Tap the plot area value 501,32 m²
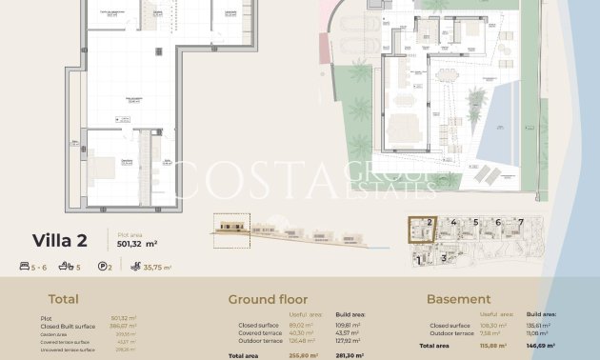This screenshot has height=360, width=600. point(137,243)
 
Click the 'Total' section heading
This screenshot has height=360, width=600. point(64,298)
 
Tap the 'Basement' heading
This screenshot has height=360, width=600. point(458,299)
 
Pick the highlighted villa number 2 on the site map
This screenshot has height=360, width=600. point(430,223)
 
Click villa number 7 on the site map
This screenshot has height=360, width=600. point(520,223)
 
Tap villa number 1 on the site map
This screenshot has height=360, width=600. point(417,258)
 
